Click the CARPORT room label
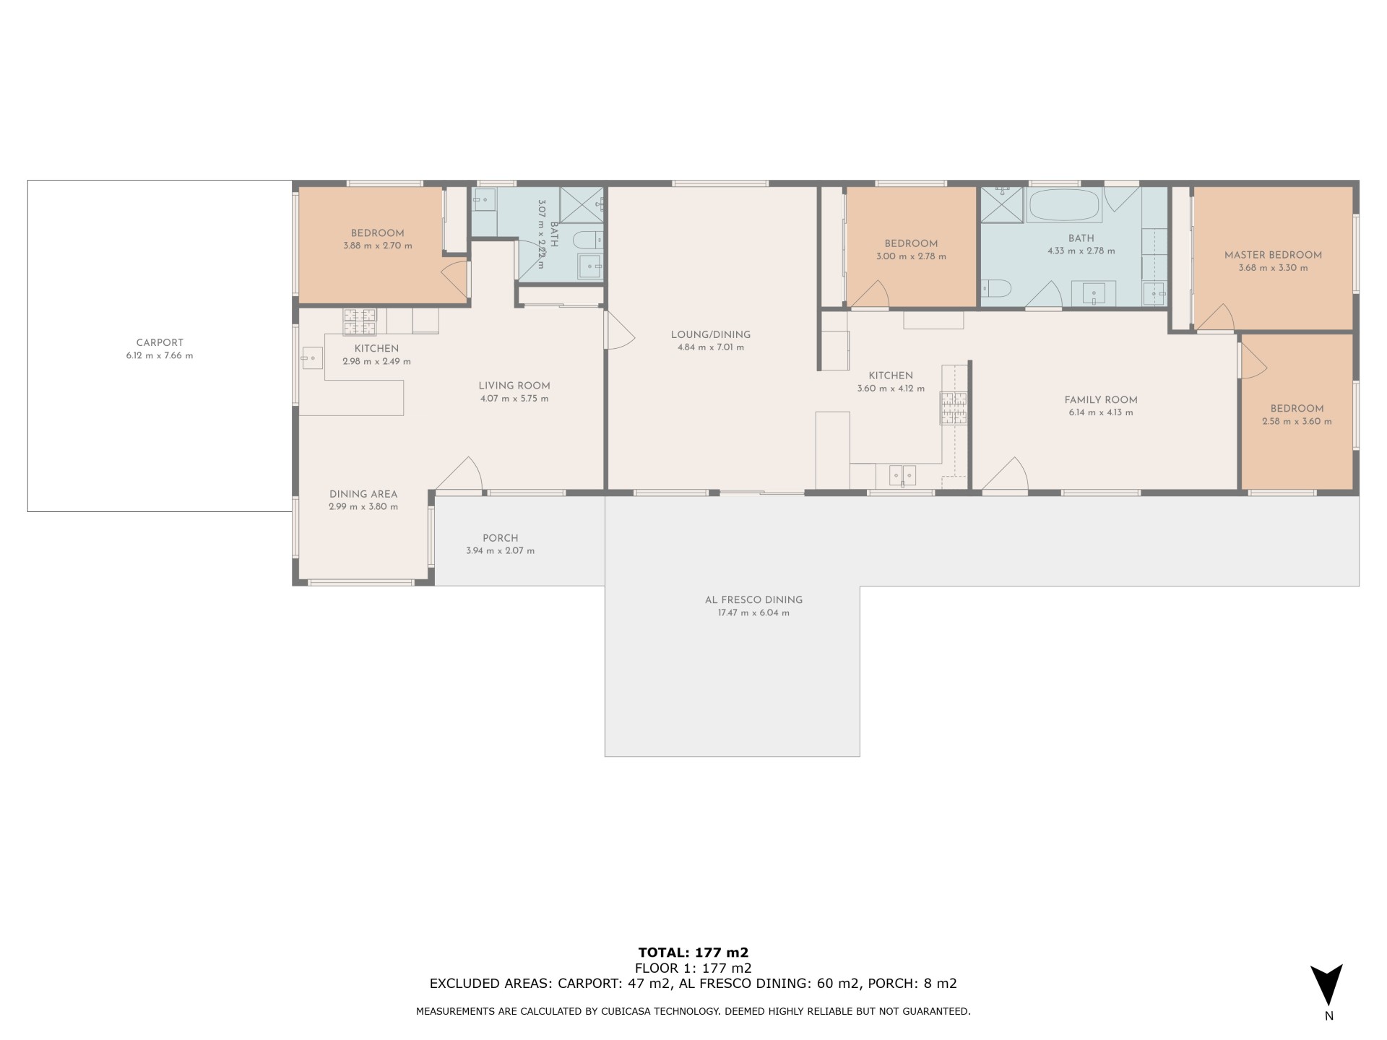coord(160,343)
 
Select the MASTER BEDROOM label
coord(1273,255)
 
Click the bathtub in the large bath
coord(1063,205)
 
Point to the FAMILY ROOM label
coord(1101,400)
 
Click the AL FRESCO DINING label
coord(753,600)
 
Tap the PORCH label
coord(501,538)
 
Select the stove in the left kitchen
coord(360,322)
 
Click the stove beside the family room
coord(954,408)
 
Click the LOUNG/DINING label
coord(711,335)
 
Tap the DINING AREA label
coord(363,495)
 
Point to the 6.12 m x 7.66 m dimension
coord(160,356)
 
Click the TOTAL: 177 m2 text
coord(693,953)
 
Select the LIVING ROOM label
coord(514,386)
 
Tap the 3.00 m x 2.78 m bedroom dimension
coord(911,256)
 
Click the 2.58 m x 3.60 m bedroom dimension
coord(1297,422)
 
